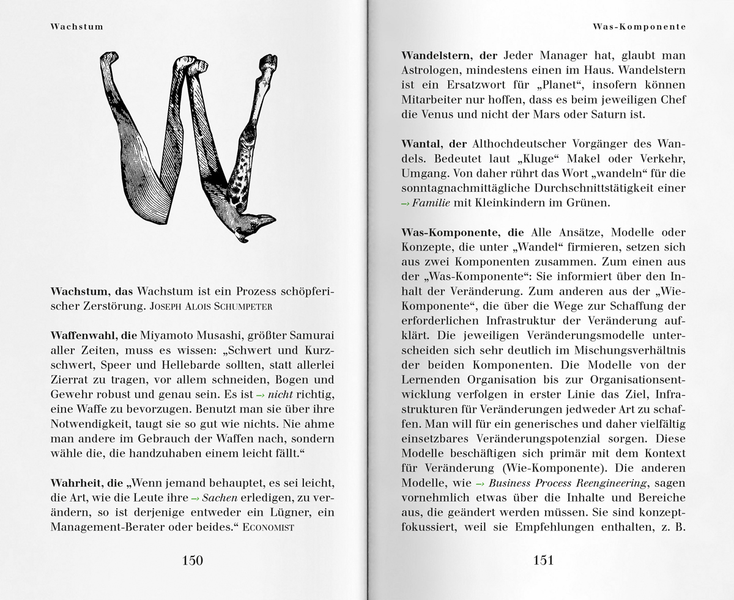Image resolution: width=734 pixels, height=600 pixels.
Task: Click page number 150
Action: click(192, 560)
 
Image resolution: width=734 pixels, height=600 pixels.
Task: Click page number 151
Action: click(543, 560)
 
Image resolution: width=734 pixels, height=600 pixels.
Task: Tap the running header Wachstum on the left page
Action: click(77, 26)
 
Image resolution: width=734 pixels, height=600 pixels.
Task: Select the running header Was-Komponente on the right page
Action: click(639, 26)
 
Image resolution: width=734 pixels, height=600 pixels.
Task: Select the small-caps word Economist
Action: click(269, 527)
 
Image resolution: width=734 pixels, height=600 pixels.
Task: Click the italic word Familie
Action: click(431, 203)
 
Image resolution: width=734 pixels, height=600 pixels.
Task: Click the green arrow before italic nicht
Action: click(261, 395)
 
